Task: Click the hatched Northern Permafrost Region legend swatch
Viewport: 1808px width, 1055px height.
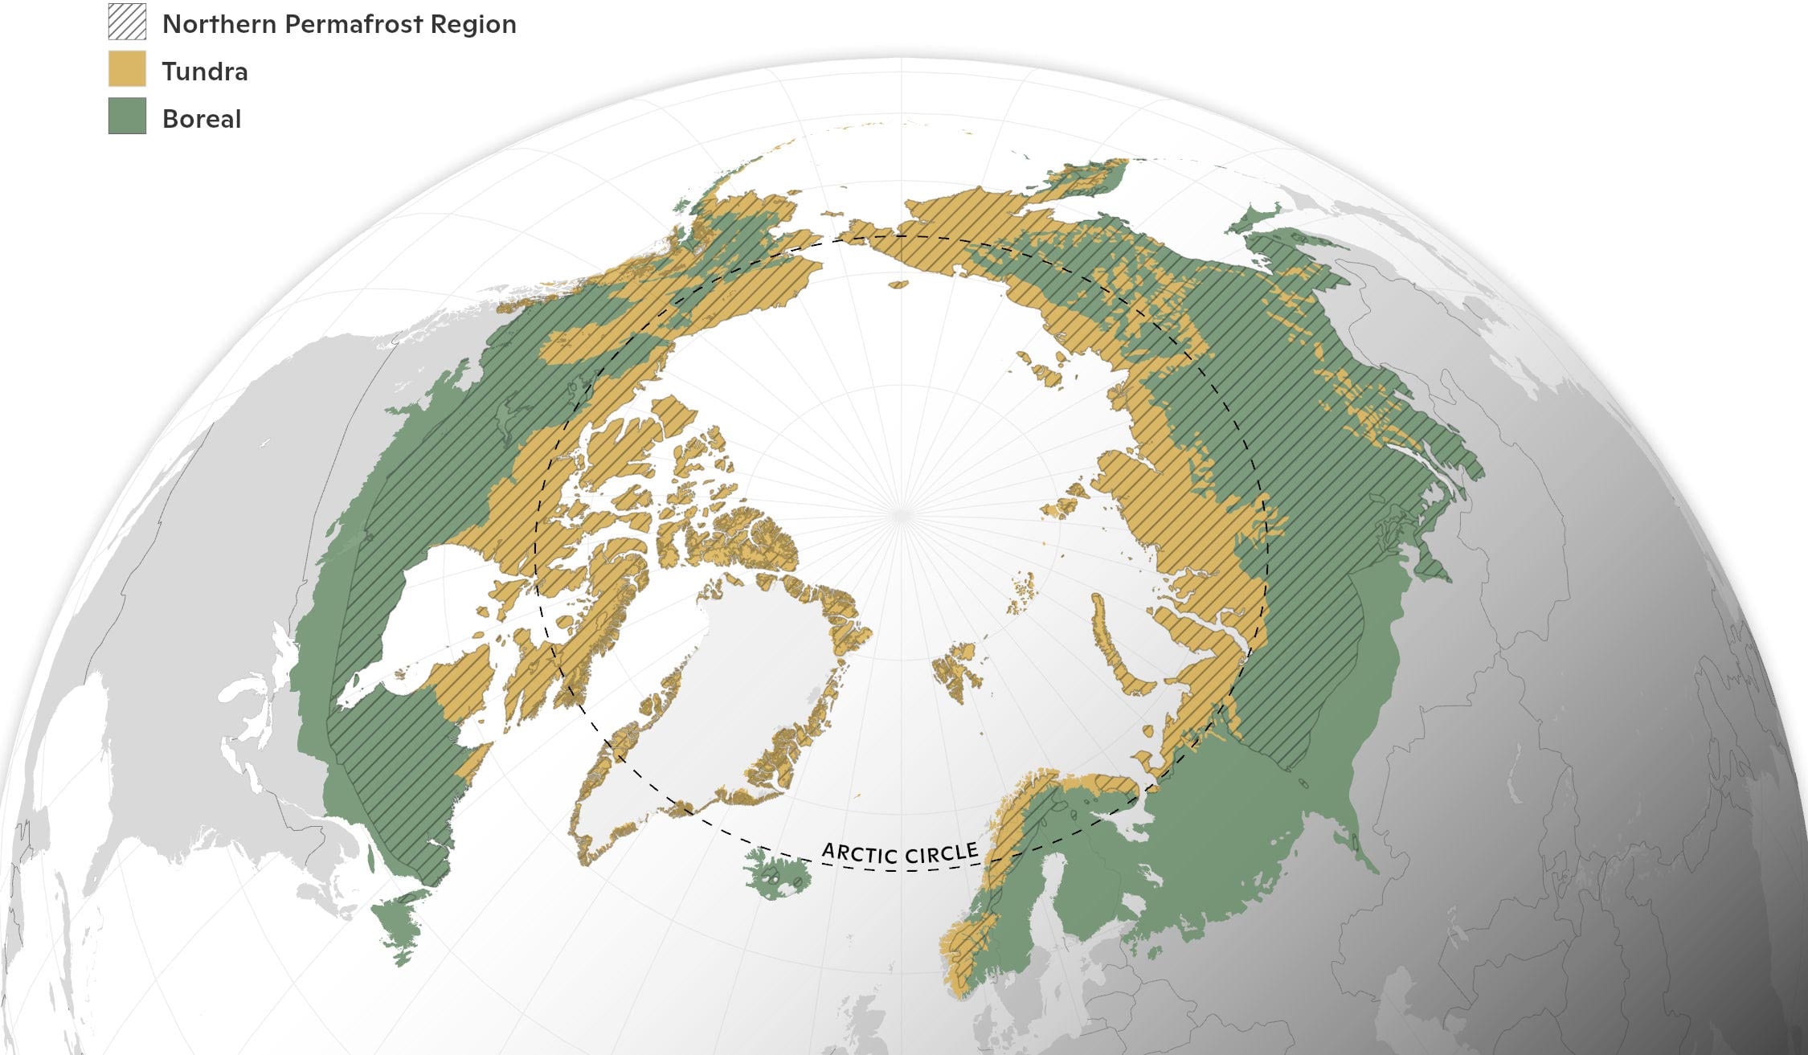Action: [x=127, y=22]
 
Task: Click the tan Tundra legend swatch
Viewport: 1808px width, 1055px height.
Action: [x=127, y=69]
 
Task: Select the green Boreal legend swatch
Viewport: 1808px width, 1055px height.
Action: [x=127, y=117]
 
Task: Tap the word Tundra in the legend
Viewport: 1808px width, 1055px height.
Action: [x=205, y=72]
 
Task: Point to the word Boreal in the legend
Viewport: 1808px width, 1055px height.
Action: [x=202, y=119]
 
